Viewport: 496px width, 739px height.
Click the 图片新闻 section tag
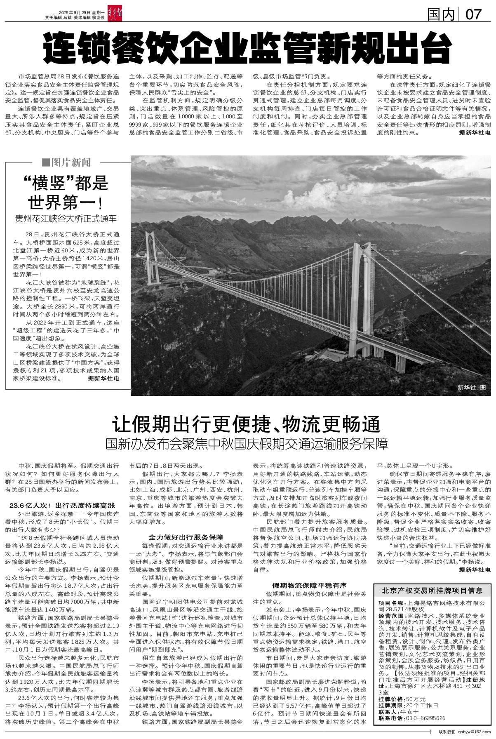(66, 162)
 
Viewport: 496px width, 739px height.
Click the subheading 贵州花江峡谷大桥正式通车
(66, 218)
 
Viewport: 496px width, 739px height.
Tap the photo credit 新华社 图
(472, 387)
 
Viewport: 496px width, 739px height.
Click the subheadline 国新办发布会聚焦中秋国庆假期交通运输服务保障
(247, 444)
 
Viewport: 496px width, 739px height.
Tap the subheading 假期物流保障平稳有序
(309, 585)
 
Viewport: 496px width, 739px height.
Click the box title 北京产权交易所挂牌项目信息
(432, 591)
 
